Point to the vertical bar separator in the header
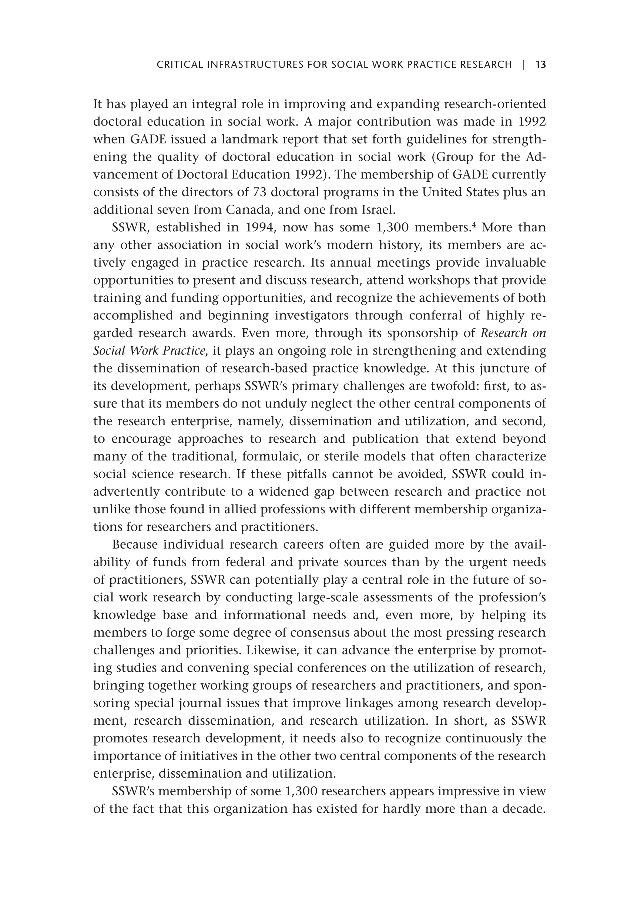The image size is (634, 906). (524, 64)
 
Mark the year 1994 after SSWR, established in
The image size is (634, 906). (260, 227)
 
